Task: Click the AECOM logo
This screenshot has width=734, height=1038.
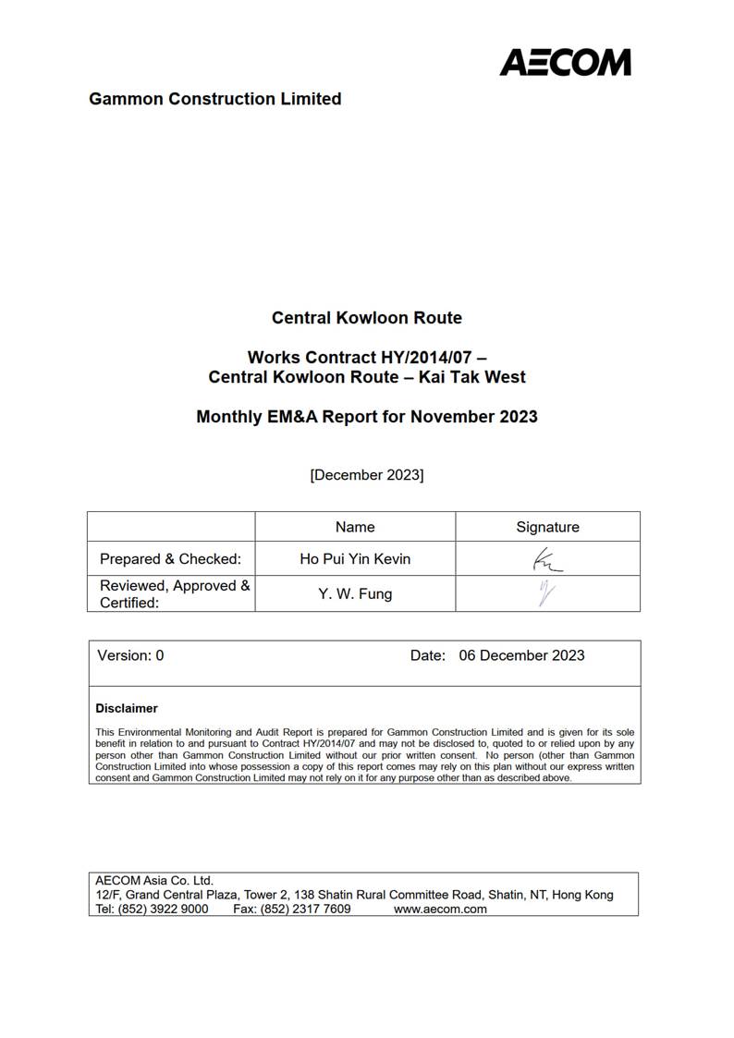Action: click(565, 62)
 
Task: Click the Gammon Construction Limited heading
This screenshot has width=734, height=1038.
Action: click(214, 99)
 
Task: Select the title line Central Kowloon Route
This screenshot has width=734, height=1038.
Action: click(366, 318)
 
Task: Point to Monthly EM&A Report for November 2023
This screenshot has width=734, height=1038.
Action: click(366, 417)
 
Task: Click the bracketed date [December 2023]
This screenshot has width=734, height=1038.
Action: click(367, 475)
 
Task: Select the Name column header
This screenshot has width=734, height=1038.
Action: click(355, 527)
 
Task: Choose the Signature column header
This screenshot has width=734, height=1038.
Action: click(547, 527)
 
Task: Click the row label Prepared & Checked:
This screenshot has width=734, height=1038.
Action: click(170, 559)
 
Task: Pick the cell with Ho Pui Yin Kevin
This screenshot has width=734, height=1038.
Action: click(355, 559)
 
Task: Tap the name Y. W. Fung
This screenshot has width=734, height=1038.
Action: click(355, 594)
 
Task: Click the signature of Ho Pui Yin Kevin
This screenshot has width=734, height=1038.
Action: click(546, 560)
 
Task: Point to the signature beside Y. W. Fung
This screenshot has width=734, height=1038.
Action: click(546, 593)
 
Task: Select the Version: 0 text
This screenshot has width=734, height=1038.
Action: click(130, 655)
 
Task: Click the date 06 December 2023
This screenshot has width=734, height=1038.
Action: click(521, 655)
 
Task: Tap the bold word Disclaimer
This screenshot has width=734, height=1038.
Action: click(127, 709)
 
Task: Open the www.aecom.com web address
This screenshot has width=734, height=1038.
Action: click(440, 910)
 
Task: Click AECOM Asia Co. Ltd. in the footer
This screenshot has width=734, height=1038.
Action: click(154, 881)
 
